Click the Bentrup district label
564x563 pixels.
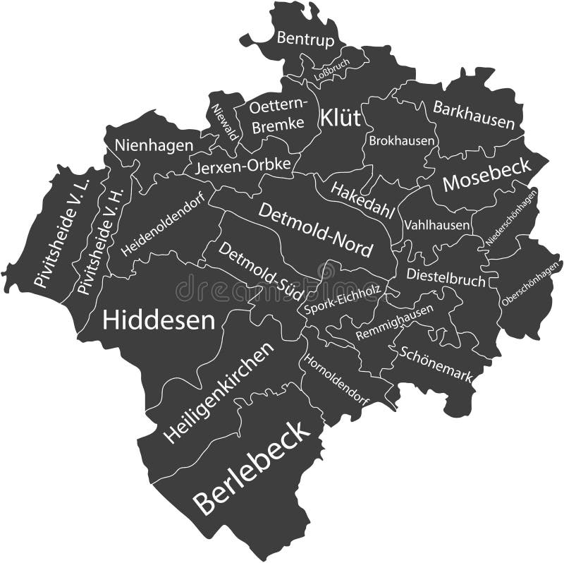[x=305, y=39]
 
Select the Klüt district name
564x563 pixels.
[x=340, y=118]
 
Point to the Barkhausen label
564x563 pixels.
[x=474, y=116]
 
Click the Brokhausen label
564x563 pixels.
[x=401, y=140]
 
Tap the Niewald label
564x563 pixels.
[x=224, y=121]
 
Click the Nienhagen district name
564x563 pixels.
[x=154, y=145]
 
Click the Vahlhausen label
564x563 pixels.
[x=437, y=225]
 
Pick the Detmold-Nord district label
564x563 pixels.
[x=315, y=230]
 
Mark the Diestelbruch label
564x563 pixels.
[x=446, y=276]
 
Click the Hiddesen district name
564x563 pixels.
[x=159, y=320]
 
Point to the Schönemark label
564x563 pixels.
[x=435, y=363]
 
